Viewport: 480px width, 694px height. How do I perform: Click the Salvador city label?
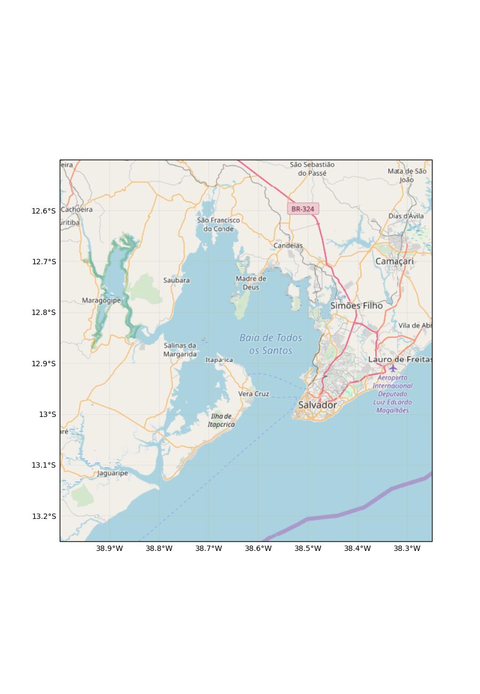pos(317,405)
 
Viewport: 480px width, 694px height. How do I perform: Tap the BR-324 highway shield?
pos(303,209)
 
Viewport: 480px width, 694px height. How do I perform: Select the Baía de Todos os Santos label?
pos(271,344)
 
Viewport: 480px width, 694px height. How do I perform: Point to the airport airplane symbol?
pos(393,368)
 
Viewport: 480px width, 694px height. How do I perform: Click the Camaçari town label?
pos(394,262)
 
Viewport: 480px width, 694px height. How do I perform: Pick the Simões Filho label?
pos(356,306)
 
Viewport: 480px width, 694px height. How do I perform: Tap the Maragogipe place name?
pos(101,301)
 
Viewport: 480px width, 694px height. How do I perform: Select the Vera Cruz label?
pos(253,394)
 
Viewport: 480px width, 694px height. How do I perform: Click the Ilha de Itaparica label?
pos(221,420)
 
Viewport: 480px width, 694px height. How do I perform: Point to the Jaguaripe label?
pos(113,473)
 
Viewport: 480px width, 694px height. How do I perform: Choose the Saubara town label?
pos(177,280)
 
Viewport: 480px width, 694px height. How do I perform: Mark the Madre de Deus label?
pos(251,283)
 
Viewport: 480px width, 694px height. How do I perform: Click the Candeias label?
pos(288,246)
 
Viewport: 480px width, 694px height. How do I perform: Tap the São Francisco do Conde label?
pos(218,224)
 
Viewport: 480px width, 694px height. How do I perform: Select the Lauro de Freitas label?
pos(399,359)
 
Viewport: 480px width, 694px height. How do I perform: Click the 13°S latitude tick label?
pos(47,414)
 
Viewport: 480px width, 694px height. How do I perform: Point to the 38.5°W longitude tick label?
pos(308,548)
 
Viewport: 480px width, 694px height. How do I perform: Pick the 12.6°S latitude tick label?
pos(43,211)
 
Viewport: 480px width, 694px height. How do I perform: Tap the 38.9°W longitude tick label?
pos(109,548)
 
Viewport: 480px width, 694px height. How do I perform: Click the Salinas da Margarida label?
pos(180,350)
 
